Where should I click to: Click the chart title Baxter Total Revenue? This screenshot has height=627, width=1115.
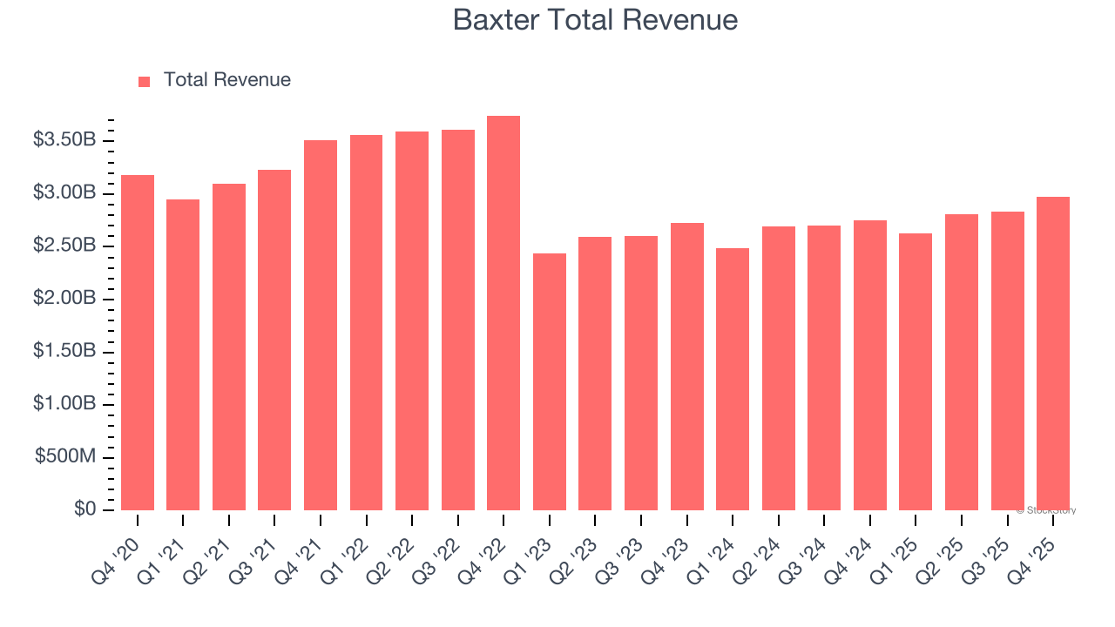595,20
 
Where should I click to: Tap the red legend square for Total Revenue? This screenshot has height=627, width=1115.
145,81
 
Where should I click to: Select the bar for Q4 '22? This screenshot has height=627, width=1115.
503,313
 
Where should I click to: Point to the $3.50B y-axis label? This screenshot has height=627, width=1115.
64,140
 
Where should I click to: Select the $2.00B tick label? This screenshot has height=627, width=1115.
64,299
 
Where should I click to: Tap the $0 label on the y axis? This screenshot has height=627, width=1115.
84,509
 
